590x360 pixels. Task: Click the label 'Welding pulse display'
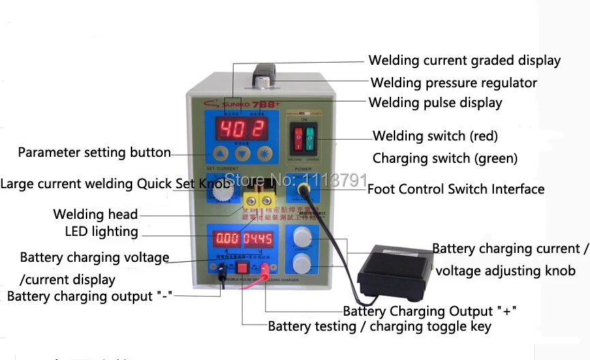pyautogui.click(x=435, y=103)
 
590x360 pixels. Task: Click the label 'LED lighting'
pyautogui.click(x=101, y=231)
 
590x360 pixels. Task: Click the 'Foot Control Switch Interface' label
pyautogui.click(x=456, y=189)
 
